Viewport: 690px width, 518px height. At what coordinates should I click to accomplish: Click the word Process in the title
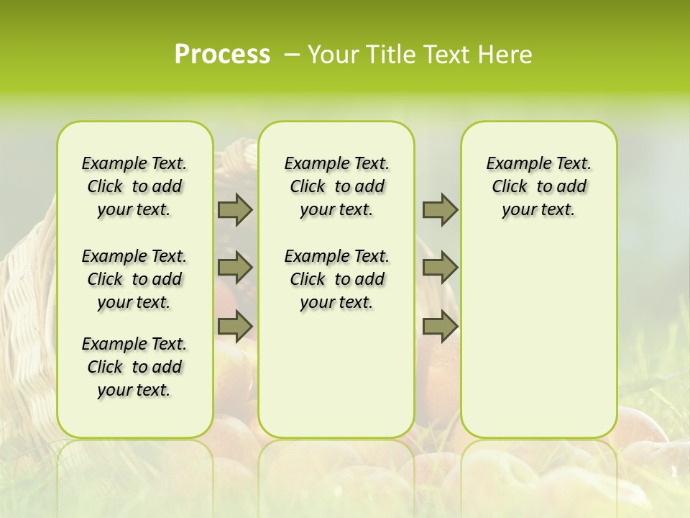click(x=222, y=55)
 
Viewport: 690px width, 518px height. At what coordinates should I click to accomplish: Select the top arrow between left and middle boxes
click(x=235, y=209)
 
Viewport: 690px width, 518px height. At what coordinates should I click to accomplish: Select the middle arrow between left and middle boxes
click(x=235, y=268)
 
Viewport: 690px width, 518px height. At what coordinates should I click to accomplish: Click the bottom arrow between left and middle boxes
click(x=235, y=326)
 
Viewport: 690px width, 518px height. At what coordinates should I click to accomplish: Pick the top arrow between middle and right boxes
click(x=440, y=209)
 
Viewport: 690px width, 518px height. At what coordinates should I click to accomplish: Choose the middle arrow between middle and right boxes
click(x=440, y=268)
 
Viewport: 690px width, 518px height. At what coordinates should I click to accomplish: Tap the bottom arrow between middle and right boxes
click(x=440, y=326)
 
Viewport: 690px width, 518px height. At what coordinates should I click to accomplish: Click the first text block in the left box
click(x=134, y=186)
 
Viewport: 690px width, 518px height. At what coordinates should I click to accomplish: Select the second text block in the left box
click(x=134, y=279)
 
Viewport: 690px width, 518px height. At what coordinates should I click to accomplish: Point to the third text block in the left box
click(x=134, y=367)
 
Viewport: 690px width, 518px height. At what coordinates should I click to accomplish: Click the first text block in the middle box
click(x=336, y=186)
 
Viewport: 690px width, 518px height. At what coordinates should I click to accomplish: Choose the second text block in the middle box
click(x=336, y=279)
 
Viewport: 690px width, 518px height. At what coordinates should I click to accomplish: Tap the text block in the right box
click(x=539, y=186)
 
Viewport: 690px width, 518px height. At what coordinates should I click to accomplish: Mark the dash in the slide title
click(x=292, y=55)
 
